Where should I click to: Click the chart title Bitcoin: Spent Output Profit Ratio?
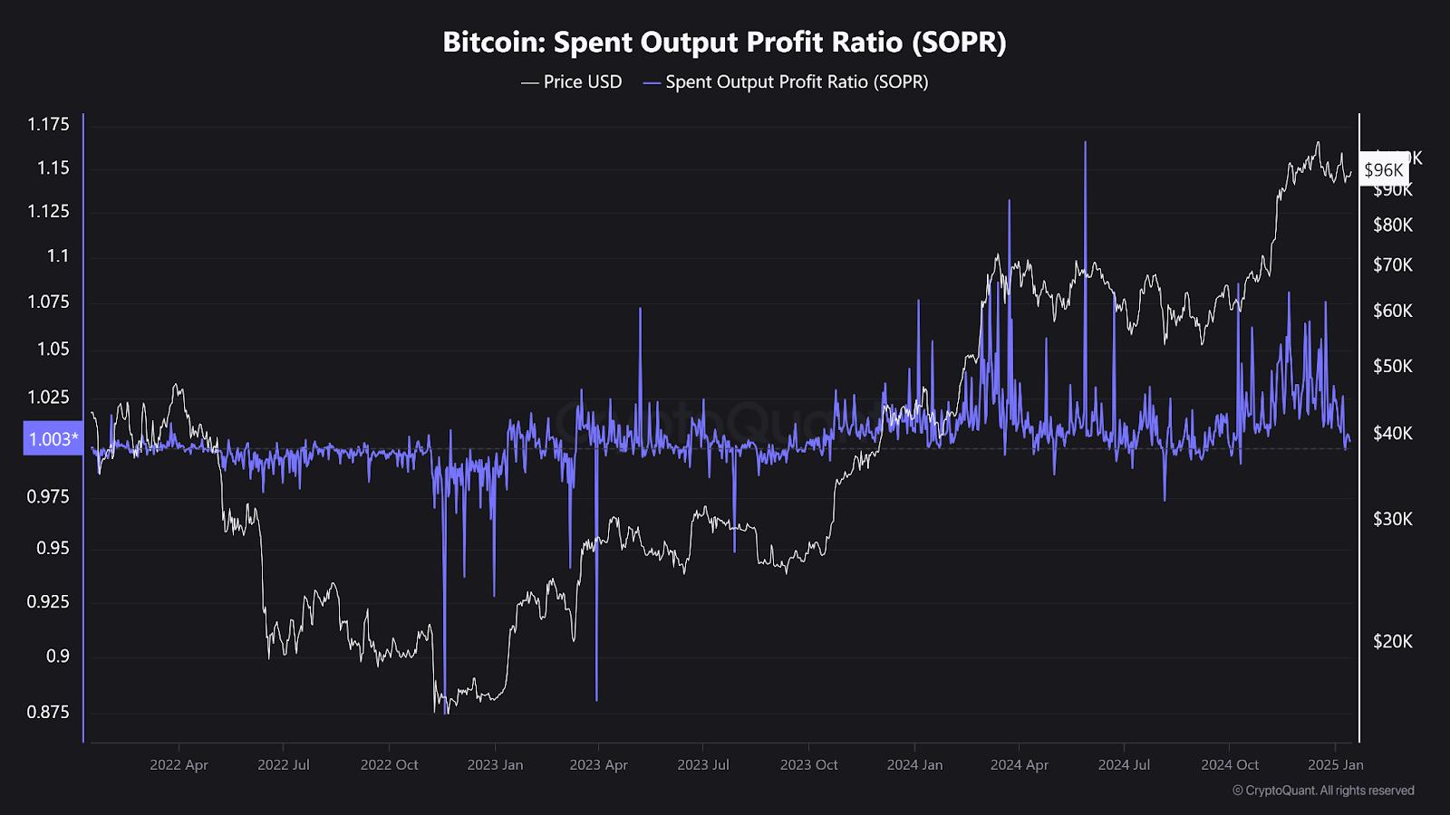pyautogui.click(x=724, y=43)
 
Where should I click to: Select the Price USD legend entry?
pyautogui.click(x=572, y=82)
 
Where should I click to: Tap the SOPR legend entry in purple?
pyautogui.click(x=786, y=82)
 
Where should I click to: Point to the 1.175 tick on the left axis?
pyautogui.click(x=48, y=125)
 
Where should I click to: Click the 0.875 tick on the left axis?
pyautogui.click(x=48, y=713)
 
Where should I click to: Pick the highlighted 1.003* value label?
pyautogui.click(x=53, y=439)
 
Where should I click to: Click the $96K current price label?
pyautogui.click(x=1384, y=170)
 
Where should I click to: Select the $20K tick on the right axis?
pyautogui.click(x=1393, y=642)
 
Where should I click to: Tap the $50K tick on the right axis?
pyautogui.click(x=1393, y=367)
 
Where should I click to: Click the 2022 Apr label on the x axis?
pyautogui.click(x=179, y=765)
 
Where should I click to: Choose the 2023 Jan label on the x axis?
pyautogui.click(x=495, y=765)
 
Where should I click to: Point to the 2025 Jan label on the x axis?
pyautogui.click(x=1336, y=765)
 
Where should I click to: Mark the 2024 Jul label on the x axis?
pyautogui.click(x=1124, y=765)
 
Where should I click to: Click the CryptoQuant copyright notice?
pyautogui.click(x=1323, y=791)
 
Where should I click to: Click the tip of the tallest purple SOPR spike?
pyautogui.click(x=1085, y=142)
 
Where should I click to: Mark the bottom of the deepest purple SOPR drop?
pyautogui.click(x=445, y=713)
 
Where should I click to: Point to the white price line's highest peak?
pyautogui.click(x=1318, y=142)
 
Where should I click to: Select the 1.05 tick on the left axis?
pyautogui.click(x=53, y=350)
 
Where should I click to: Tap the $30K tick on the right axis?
pyautogui.click(x=1393, y=520)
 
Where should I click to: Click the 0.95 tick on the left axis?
pyautogui.click(x=53, y=549)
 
